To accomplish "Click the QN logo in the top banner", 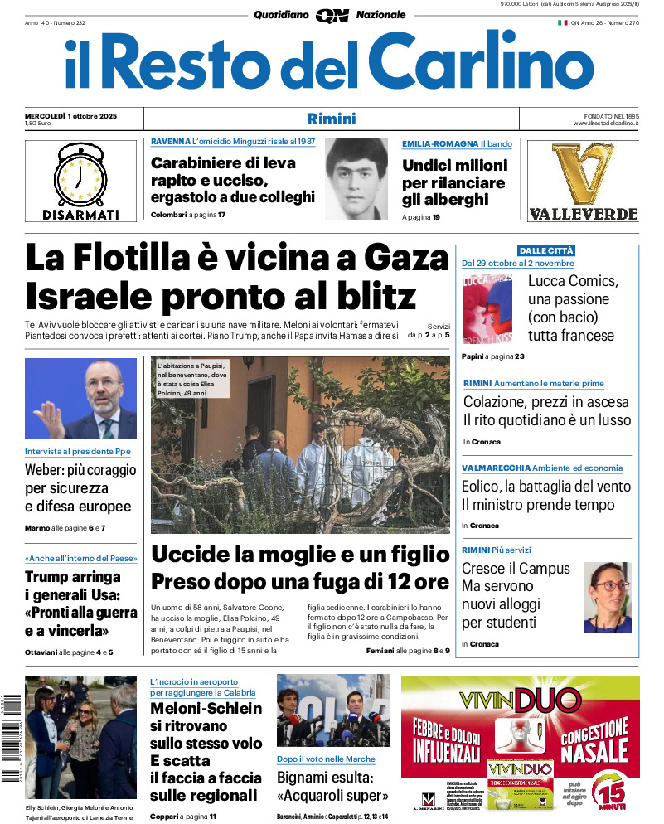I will (x=332, y=16).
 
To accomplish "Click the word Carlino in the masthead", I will (x=482, y=62).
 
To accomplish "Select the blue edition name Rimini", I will (x=332, y=119).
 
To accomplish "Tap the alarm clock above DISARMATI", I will (x=80, y=175).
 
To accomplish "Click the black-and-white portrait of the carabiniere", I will (x=356, y=178).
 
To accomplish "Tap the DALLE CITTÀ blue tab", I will (x=546, y=250).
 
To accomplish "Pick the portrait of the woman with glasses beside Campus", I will (x=607, y=596).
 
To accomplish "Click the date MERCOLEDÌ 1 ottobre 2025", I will (x=70, y=115).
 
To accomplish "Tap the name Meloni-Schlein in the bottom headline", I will (x=206, y=709).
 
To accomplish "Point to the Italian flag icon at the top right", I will (x=562, y=23).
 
